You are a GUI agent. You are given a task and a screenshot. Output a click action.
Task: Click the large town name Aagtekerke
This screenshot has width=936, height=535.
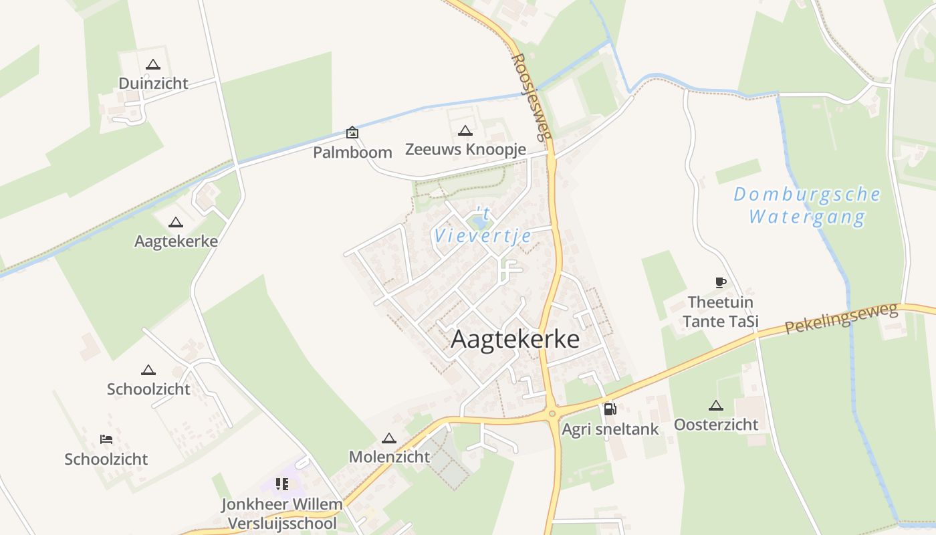pyautogui.click(x=515, y=339)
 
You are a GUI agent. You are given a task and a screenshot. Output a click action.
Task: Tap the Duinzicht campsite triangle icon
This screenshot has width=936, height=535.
pyautogui.click(x=153, y=65)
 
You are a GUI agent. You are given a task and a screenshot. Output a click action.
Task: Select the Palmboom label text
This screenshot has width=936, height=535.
pyautogui.click(x=352, y=152)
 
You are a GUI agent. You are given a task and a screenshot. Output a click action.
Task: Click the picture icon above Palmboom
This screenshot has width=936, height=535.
pyautogui.click(x=352, y=132)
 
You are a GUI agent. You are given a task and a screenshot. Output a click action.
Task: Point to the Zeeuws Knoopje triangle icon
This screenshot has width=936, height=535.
pyautogui.click(x=465, y=130)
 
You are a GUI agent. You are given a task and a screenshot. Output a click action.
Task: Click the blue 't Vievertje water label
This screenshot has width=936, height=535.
pyautogui.click(x=483, y=225)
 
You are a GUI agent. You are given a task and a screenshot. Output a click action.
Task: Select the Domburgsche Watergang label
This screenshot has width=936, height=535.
pyautogui.click(x=807, y=205)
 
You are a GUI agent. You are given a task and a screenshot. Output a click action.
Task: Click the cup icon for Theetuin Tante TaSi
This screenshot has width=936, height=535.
pyautogui.click(x=720, y=283)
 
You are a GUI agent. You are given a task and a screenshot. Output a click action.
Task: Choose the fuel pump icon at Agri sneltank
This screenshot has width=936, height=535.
pyautogui.click(x=610, y=409)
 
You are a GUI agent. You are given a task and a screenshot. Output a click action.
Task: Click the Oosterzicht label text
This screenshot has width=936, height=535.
pyautogui.click(x=716, y=425)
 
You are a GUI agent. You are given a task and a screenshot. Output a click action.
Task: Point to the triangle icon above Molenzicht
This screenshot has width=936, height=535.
pyautogui.click(x=389, y=439)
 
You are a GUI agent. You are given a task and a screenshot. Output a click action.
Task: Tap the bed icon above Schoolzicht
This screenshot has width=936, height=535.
pyautogui.click(x=106, y=439)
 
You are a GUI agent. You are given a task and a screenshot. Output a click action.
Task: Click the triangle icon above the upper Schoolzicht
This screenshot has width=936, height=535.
pyautogui.click(x=148, y=370)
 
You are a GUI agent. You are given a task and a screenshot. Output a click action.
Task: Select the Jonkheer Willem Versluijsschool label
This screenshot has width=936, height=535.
pyautogui.click(x=282, y=514)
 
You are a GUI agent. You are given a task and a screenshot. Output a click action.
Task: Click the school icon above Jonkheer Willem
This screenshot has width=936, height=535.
pyautogui.click(x=282, y=484)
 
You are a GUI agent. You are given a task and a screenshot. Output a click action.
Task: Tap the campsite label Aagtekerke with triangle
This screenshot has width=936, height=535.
pyautogui.click(x=176, y=241)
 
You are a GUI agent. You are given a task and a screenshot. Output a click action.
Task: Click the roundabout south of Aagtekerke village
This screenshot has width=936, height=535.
pyautogui.click(x=552, y=414)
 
